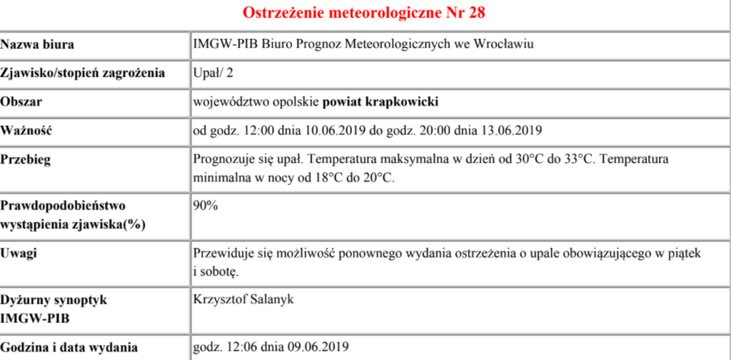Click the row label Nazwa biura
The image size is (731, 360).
37,44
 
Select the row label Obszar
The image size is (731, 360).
21,101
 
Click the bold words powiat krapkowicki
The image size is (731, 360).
380,101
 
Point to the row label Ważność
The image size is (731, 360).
27,130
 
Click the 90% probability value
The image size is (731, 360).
206,206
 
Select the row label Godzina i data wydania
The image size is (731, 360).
69,348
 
